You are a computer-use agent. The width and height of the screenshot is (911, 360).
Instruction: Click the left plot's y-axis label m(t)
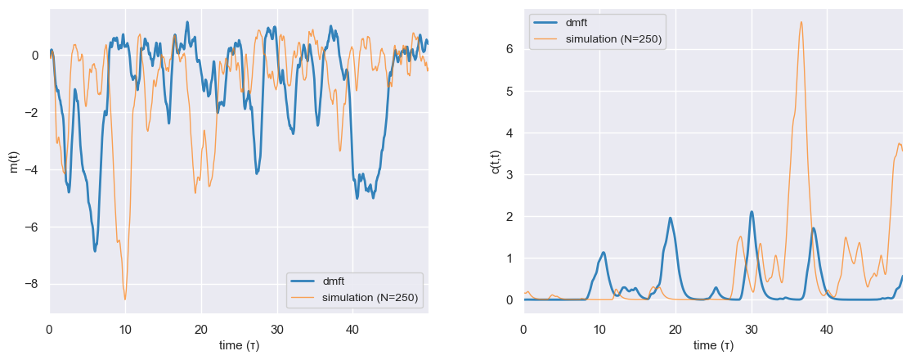(13, 161)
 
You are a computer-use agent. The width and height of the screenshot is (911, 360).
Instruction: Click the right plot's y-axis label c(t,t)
(496, 161)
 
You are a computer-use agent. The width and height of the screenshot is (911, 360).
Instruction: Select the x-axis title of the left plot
(239, 345)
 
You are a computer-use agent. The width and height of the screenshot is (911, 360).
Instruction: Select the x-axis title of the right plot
(713, 345)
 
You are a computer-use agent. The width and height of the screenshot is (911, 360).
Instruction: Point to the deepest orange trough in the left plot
(125, 299)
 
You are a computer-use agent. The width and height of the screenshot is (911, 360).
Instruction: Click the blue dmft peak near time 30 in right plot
(752, 212)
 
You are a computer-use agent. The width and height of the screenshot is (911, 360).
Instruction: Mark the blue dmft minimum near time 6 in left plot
(95, 250)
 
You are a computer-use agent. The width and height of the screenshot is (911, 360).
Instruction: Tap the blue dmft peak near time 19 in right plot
(671, 218)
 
